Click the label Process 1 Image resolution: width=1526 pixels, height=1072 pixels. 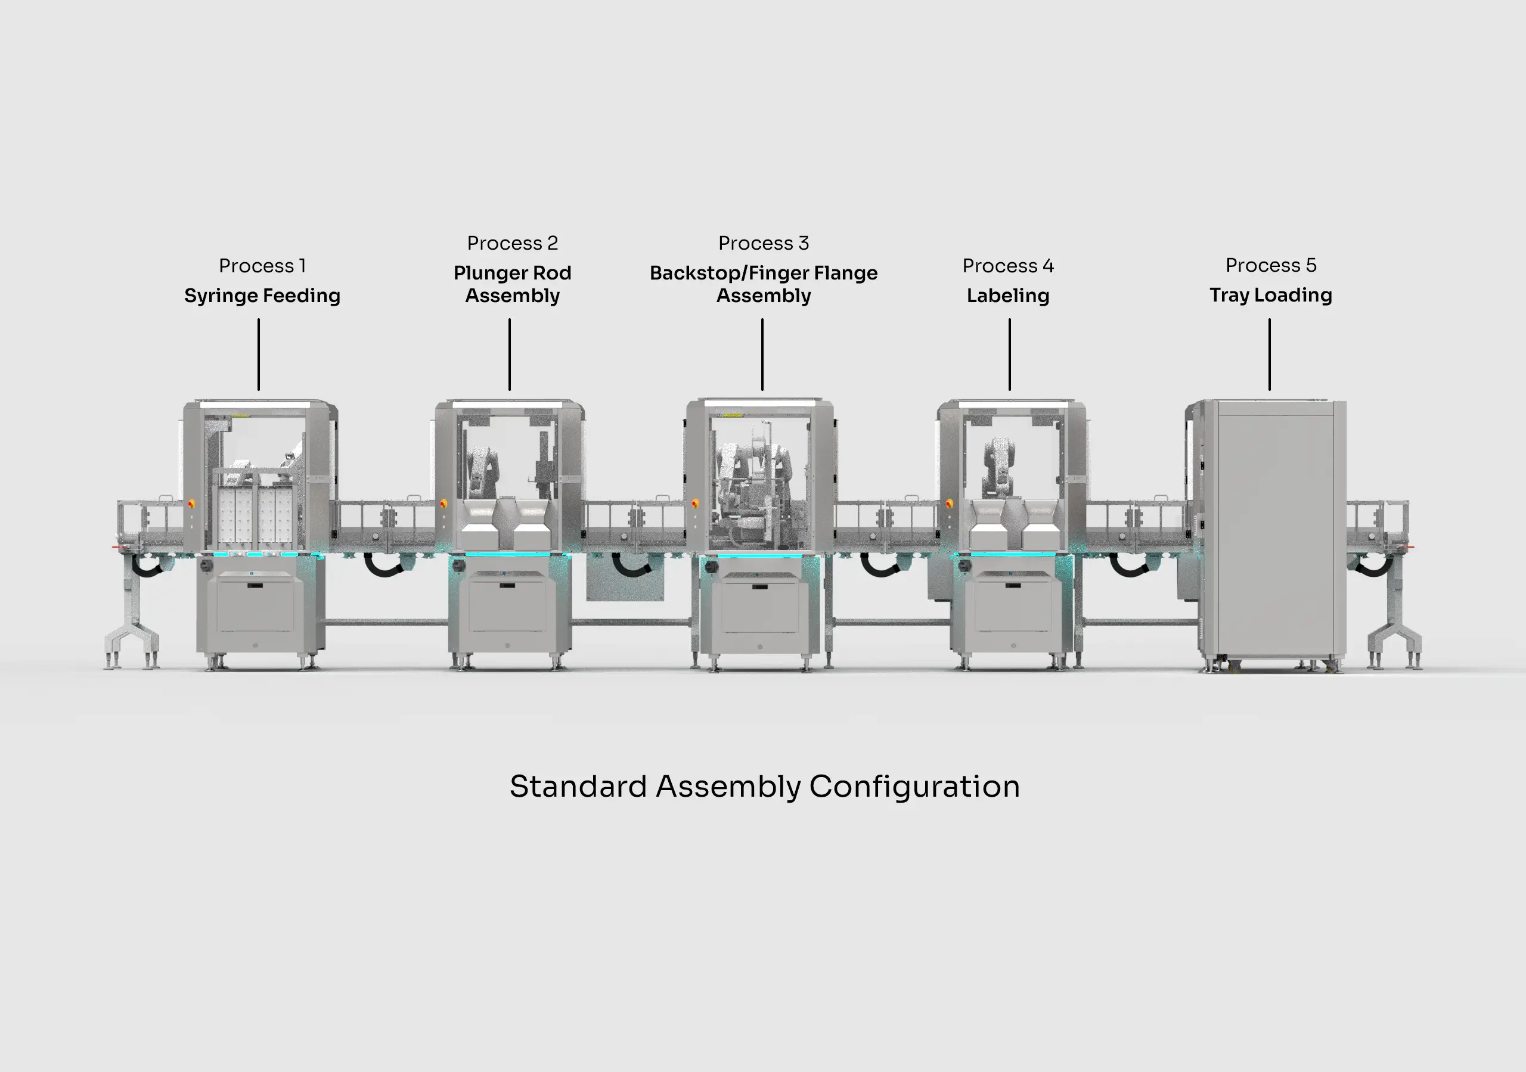262,266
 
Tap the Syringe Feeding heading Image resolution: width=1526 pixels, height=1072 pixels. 262,296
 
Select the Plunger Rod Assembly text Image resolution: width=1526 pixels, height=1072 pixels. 512,284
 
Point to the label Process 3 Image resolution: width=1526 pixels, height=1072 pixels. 763,243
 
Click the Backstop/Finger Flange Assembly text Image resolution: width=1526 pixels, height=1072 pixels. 763,284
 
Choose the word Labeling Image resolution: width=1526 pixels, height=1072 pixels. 1007,296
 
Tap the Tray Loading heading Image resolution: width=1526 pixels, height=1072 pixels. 1270,295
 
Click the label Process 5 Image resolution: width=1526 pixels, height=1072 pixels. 1270,265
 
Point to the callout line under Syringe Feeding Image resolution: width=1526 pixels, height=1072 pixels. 259,354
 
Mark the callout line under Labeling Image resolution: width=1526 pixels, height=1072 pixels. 1009,354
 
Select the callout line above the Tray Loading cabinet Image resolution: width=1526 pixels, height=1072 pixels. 1269,354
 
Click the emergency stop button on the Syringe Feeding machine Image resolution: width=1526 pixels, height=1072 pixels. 191,504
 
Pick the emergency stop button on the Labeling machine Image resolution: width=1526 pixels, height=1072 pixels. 949,503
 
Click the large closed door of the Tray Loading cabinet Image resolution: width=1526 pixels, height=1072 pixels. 1275,532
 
